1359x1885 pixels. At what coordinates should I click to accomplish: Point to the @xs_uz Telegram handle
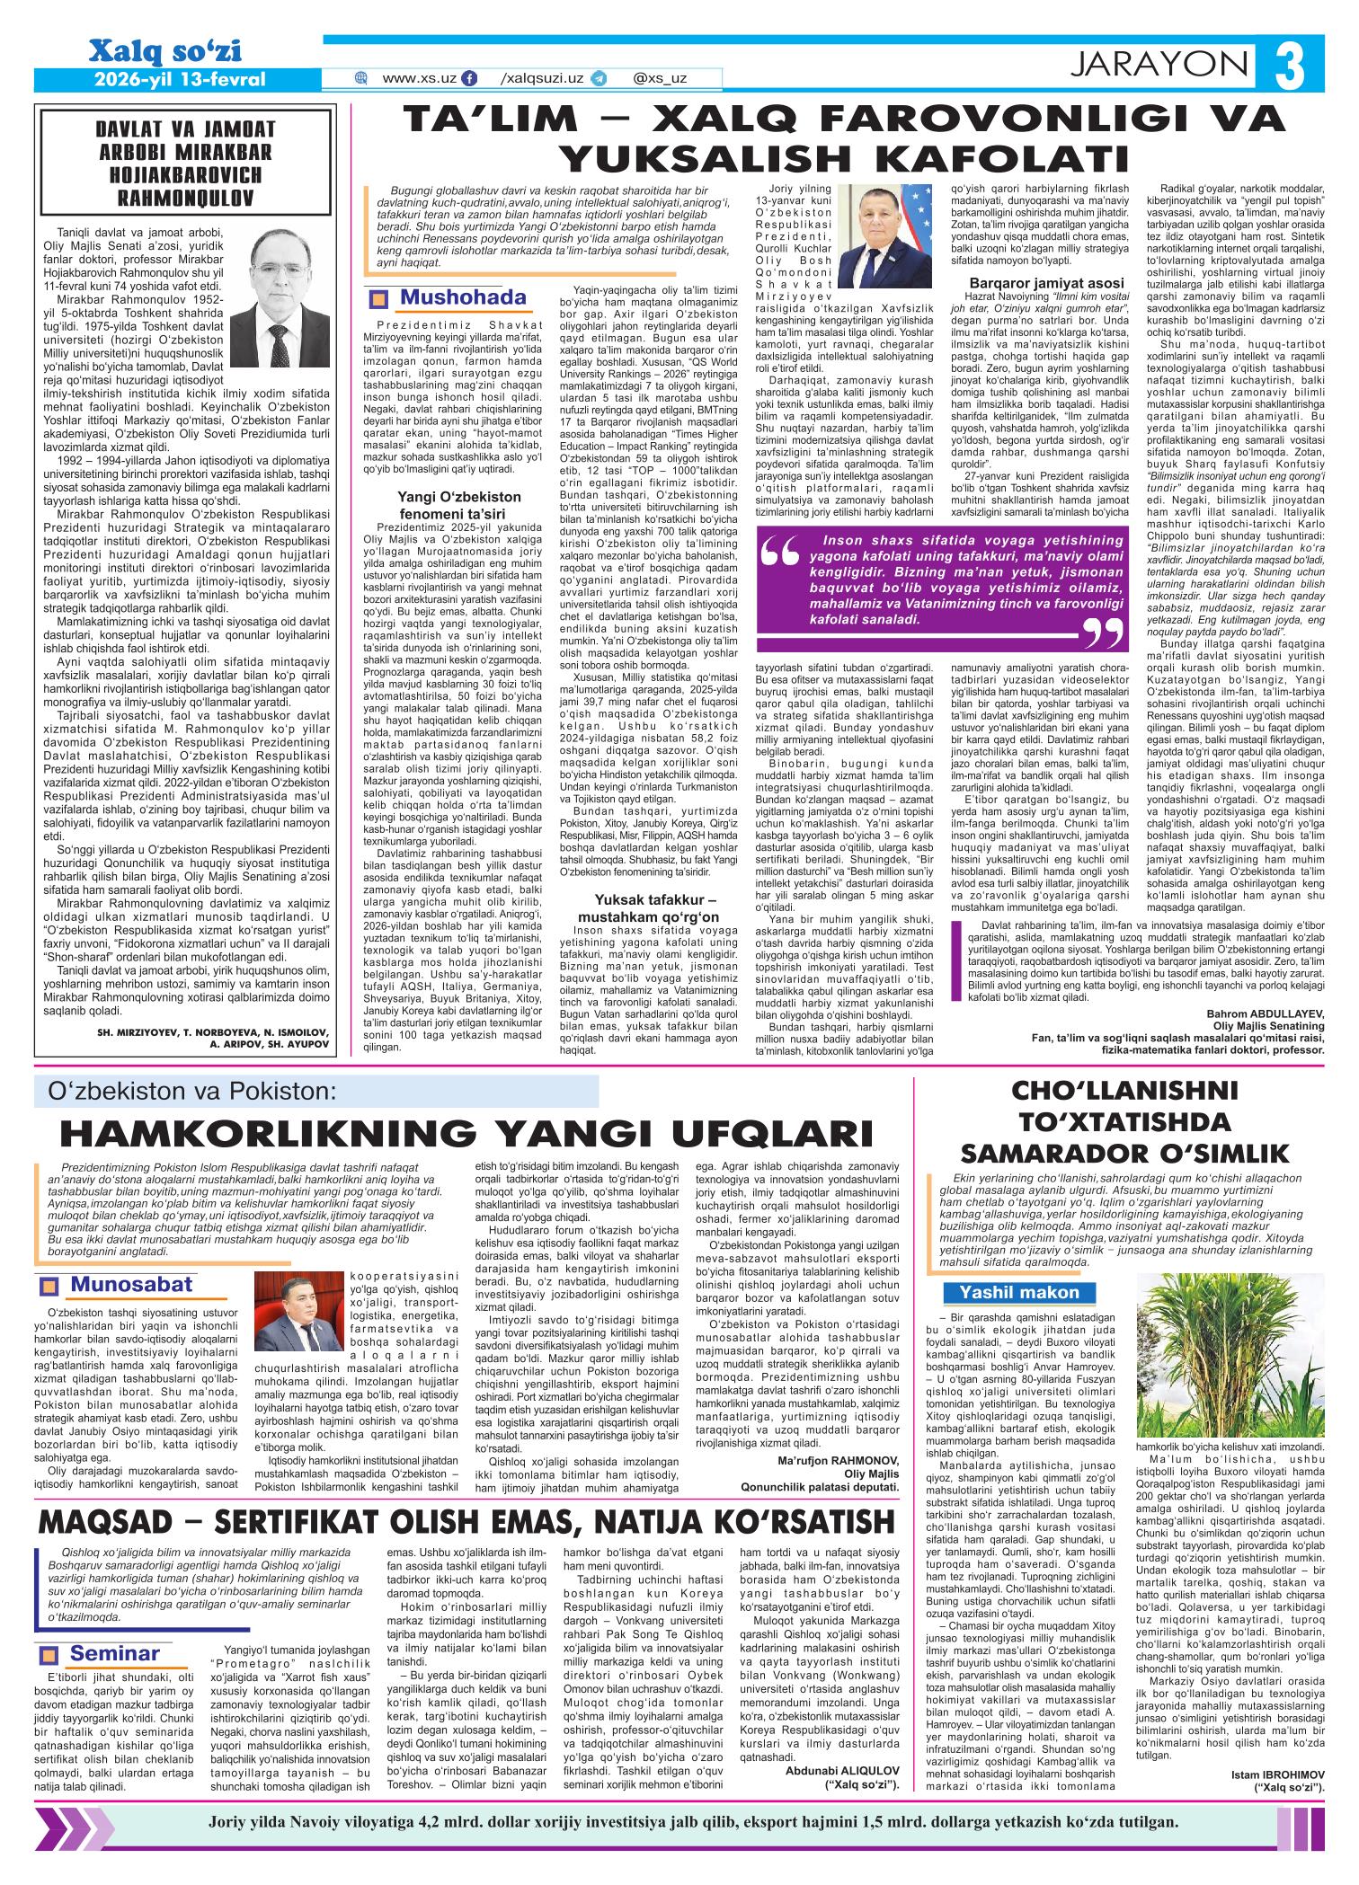pos(660,78)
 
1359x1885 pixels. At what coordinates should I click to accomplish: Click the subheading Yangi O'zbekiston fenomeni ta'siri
pos(459,503)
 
